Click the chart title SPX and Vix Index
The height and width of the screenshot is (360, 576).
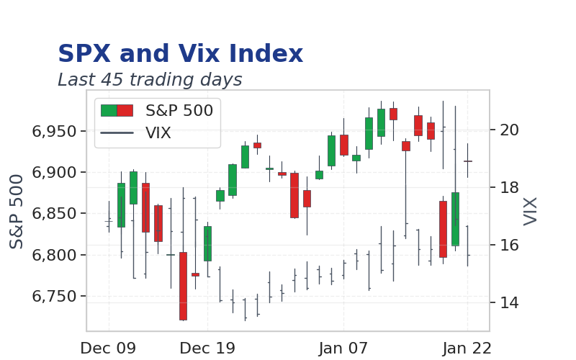[x=180, y=55]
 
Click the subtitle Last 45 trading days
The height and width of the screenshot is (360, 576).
[x=150, y=80]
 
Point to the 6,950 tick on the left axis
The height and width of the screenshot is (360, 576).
[x=54, y=131]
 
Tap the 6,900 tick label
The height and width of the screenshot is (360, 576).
[x=54, y=172]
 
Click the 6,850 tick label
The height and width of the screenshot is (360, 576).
[x=54, y=214]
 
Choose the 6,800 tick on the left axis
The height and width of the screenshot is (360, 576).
[x=54, y=255]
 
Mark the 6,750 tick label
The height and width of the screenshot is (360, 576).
[x=54, y=297]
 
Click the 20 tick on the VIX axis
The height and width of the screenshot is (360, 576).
[x=510, y=130]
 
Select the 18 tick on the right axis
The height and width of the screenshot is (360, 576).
[x=510, y=187]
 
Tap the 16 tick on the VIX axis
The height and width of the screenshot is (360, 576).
[x=510, y=245]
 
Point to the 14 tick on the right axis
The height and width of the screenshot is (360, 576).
[x=510, y=302]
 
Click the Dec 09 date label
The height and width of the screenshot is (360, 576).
[x=108, y=348]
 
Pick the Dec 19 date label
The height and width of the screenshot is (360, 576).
[x=207, y=348]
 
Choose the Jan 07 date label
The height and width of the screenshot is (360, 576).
[x=343, y=348]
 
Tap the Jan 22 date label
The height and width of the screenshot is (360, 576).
[x=467, y=348]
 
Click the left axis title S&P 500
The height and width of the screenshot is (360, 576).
[x=17, y=211]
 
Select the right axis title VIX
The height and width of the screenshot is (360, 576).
[x=531, y=211]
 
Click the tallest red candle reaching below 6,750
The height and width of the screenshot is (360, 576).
[x=183, y=286]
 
